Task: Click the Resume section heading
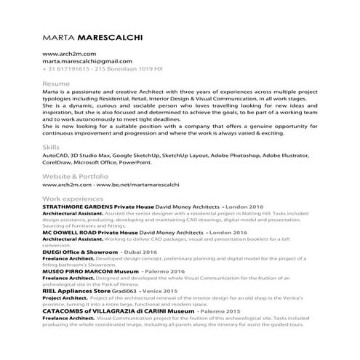tap(57, 85)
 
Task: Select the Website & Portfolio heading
tap(76, 177)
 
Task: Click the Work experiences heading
tap(73, 199)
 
